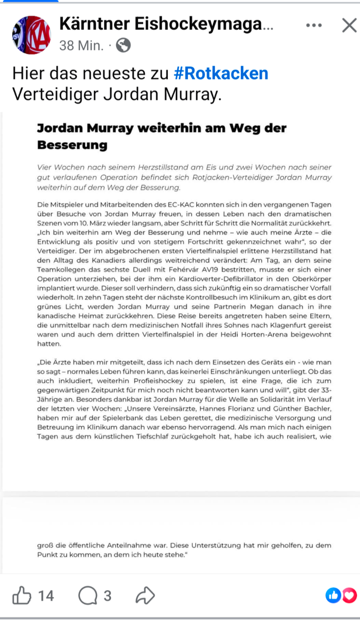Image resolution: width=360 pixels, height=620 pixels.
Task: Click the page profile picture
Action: [x=31, y=35]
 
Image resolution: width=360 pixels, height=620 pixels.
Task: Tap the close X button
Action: [x=349, y=25]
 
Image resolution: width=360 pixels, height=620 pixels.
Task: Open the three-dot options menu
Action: [x=315, y=25]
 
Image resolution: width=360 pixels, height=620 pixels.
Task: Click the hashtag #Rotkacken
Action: [x=221, y=73]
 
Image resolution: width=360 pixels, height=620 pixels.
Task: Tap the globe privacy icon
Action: [x=123, y=46]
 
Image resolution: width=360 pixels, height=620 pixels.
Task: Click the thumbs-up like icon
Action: [x=22, y=596]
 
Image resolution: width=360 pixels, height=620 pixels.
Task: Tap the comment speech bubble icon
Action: [x=88, y=596]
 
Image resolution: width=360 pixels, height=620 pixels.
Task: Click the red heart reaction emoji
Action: [x=350, y=595]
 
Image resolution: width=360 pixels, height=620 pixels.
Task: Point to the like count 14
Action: [x=46, y=596]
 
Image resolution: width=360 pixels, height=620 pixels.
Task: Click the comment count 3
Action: [x=107, y=596]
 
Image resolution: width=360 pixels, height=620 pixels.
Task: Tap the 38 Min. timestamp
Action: [x=81, y=46]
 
